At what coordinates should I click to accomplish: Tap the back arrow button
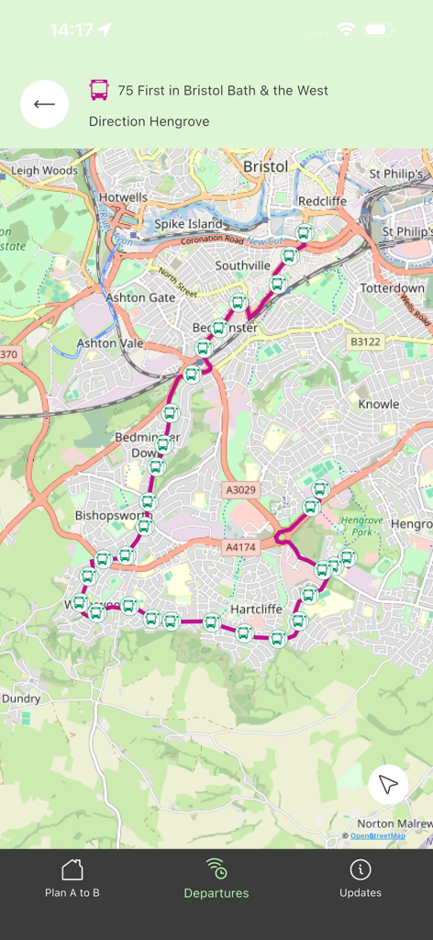(x=44, y=104)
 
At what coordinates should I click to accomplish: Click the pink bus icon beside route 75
(x=99, y=90)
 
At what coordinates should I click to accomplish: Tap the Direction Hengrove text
(x=150, y=121)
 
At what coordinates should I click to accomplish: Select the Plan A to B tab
(x=72, y=878)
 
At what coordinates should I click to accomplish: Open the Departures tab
(x=216, y=878)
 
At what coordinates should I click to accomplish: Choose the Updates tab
(x=361, y=878)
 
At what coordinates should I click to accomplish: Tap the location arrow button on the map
(x=388, y=785)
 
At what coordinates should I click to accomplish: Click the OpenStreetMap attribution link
(x=377, y=835)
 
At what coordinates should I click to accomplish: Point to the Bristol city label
(x=265, y=167)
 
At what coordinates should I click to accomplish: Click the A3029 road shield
(x=241, y=490)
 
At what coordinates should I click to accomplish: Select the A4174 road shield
(x=241, y=547)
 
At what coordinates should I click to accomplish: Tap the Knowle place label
(x=378, y=404)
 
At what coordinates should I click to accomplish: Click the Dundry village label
(x=20, y=699)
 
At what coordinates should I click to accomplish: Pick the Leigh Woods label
(x=44, y=171)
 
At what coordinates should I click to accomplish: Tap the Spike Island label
(x=188, y=224)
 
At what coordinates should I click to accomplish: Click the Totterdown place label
(x=392, y=288)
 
